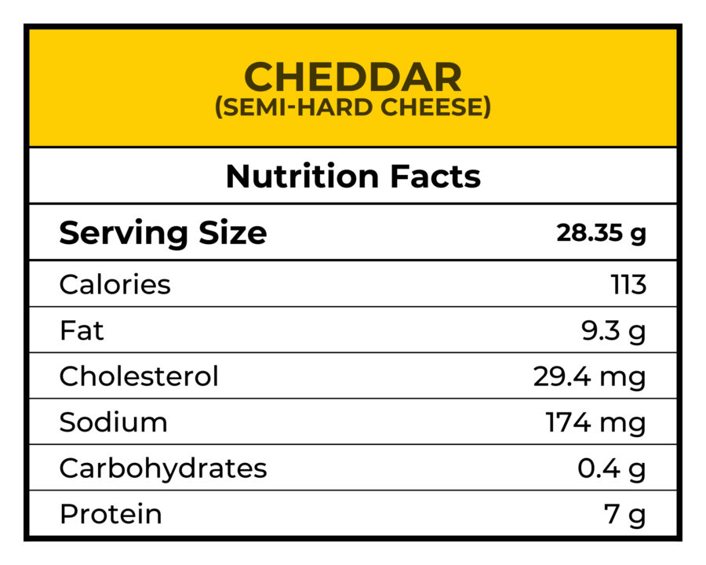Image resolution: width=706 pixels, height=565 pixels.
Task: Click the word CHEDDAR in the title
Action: [x=353, y=77]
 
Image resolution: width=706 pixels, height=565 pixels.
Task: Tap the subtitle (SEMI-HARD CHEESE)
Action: [x=353, y=108]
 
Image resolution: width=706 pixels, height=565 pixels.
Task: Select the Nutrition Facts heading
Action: [x=353, y=177]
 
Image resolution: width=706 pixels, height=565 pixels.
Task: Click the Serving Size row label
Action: [x=163, y=233]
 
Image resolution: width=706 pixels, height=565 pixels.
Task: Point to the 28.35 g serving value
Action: [x=601, y=233]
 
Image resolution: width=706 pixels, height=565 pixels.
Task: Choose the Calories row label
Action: [x=115, y=284]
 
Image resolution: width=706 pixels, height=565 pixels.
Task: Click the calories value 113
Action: [x=628, y=284]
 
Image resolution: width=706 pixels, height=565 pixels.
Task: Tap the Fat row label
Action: [x=82, y=330]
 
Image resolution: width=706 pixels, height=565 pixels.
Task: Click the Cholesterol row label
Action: [x=139, y=377]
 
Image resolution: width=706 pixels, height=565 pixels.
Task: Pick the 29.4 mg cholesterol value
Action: [x=589, y=377]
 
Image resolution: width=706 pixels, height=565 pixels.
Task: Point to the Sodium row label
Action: [x=113, y=422]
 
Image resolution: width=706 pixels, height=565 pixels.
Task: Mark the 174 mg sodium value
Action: [x=595, y=422]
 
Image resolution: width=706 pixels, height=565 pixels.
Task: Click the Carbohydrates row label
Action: [x=163, y=468]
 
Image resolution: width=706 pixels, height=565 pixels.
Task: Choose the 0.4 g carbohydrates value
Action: [x=611, y=468]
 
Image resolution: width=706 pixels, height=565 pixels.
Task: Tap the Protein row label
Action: [x=111, y=515]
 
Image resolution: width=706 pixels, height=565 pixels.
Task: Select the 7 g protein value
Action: [x=624, y=515]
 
